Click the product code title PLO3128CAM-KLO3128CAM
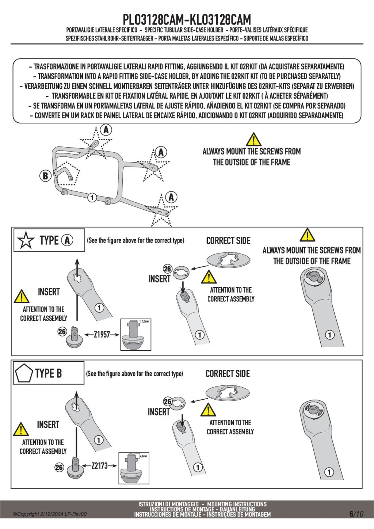coord(187,19)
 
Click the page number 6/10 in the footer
coord(356,514)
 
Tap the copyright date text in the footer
coord(50,514)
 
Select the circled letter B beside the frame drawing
coord(45,176)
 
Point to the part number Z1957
coord(102,334)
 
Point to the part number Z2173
coord(99,466)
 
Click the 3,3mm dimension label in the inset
coord(145,321)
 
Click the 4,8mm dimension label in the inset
coord(144,456)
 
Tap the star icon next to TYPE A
coord(26,240)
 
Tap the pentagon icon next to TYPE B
coord(24,373)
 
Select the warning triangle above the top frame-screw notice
coord(253,140)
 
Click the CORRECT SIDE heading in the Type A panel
coord(228,241)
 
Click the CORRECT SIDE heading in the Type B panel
coord(228,374)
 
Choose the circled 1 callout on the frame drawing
coord(92,198)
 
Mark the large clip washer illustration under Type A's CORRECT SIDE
coord(228,260)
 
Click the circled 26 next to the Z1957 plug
coord(62,331)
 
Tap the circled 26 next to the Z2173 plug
coord(59,467)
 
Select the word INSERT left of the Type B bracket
coord(48,425)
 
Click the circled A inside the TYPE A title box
coord(67,240)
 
